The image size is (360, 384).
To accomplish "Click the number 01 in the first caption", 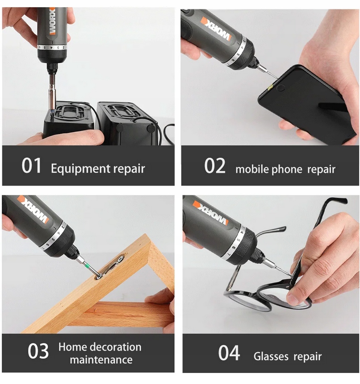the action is click(x=31, y=165).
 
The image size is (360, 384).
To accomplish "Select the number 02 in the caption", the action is click(x=215, y=166).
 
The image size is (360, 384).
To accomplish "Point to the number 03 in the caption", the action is click(x=38, y=350).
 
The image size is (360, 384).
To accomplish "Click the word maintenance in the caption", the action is click(x=101, y=360).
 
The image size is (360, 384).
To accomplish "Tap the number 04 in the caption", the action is click(x=229, y=353).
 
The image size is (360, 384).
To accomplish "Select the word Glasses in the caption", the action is click(x=271, y=356).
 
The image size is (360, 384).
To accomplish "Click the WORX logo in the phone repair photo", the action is click(x=216, y=29).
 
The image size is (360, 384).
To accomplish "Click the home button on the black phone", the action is click(x=280, y=88).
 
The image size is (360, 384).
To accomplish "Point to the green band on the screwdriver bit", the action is click(x=86, y=265).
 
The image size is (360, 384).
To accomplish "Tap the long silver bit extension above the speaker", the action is click(x=52, y=92).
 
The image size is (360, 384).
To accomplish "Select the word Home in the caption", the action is click(x=72, y=347).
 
